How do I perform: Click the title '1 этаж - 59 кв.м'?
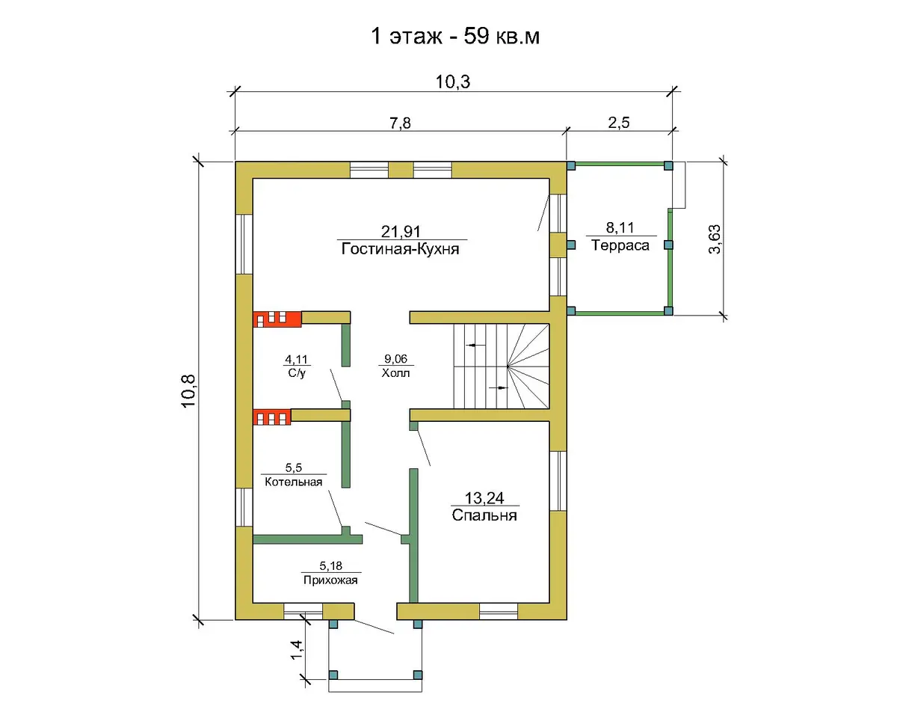click(x=454, y=37)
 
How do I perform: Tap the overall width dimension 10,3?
click(x=453, y=82)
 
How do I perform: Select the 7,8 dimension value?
click(x=400, y=123)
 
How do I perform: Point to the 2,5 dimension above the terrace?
click(x=619, y=123)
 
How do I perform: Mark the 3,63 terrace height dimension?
click(x=715, y=239)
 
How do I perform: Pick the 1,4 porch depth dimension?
click(x=296, y=650)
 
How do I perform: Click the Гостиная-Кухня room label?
click(x=400, y=249)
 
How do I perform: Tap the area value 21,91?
click(x=401, y=231)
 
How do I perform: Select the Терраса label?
click(x=620, y=245)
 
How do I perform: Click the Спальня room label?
click(x=484, y=515)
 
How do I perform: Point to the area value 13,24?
click(x=484, y=497)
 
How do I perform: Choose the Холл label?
click(x=395, y=372)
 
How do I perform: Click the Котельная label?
click(x=294, y=482)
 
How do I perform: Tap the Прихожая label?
click(x=330, y=580)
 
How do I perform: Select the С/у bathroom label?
click(x=297, y=372)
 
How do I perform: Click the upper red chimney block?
click(x=277, y=319)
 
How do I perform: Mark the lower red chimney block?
click(x=272, y=417)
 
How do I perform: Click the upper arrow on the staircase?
click(x=476, y=345)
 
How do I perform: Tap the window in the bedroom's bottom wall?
click(x=499, y=611)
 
